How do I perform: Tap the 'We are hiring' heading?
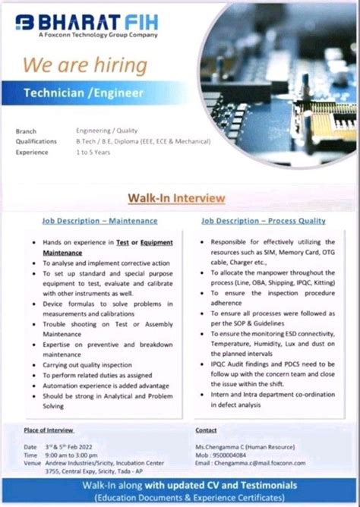(x=84, y=65)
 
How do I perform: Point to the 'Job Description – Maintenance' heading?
(x=99, y=221)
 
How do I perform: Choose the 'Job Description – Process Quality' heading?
(x=263, y=221)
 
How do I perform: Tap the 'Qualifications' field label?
(x=36, y=141)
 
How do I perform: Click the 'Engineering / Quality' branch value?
(x=106, y=131)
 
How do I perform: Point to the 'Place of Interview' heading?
(x=49, y=430)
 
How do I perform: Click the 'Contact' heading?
(x=206, y=430)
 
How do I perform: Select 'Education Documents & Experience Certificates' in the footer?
(x=181, y=497)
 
